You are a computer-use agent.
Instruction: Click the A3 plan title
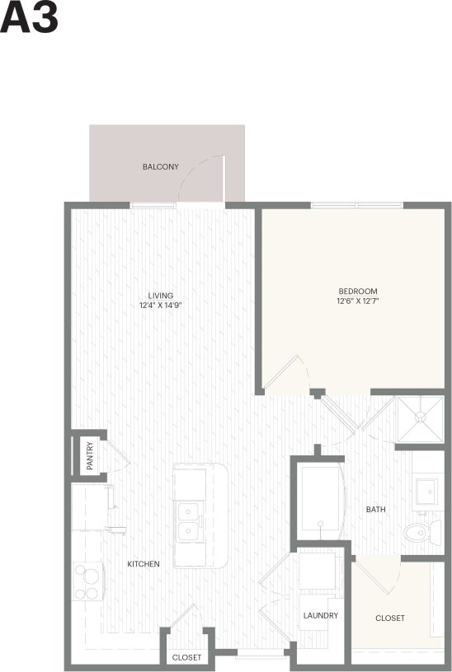[29, 18]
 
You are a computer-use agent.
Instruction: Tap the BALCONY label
[160, 167]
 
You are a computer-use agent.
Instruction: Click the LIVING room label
[160, 296]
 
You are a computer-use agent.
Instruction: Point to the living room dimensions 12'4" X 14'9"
[160, 306]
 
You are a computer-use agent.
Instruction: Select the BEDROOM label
[358, 292]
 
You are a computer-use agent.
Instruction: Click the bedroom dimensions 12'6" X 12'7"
[358, 301]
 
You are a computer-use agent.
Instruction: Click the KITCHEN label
[144, 564]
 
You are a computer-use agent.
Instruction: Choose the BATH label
[376, 510]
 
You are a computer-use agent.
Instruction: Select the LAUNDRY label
[321, 616]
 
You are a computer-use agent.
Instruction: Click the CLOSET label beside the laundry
[390, 618]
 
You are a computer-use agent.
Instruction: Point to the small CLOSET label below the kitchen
[186, 658]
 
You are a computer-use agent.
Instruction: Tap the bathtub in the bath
[319, 501]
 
